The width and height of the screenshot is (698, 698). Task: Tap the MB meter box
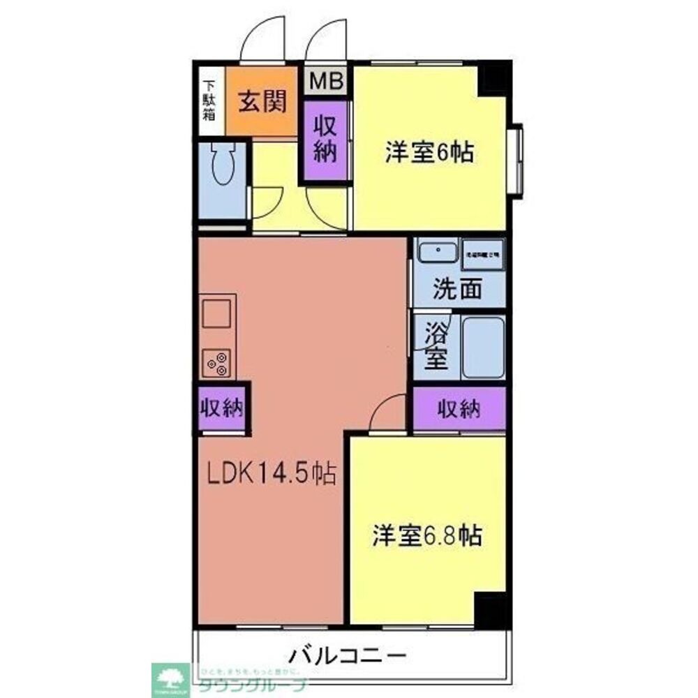click(x=327, y=81)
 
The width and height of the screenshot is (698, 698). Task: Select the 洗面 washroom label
click(x=457, y=290)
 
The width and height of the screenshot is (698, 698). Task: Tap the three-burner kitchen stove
click(x=217, y=362)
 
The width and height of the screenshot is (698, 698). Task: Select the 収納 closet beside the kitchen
click(x=222, y=408)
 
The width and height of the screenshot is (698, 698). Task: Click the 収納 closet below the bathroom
click(x=459, y=410)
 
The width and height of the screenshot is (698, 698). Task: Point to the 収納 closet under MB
click(x=325, y=140)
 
